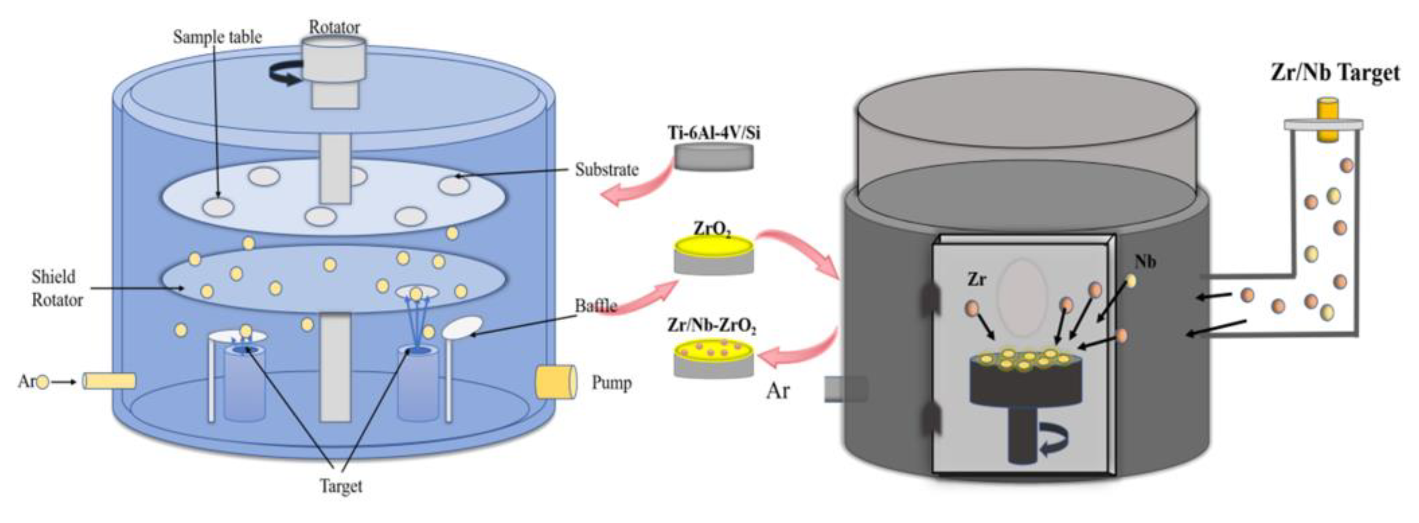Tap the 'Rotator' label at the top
click(x=334, y=26)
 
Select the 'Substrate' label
click(x=607, y=170)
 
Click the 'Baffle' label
click(x=595, y=305)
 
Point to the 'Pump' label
click(x=612, y=382)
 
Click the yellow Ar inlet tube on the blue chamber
click(x=109, y=381)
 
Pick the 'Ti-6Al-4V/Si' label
click(x=714, y=133)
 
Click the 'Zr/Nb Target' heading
click(x=1335, y=73)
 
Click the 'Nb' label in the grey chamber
click(x=1145, y=262)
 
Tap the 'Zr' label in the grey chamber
click(x=977, y=280)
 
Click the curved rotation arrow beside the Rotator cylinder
click(x=285, y=74)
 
